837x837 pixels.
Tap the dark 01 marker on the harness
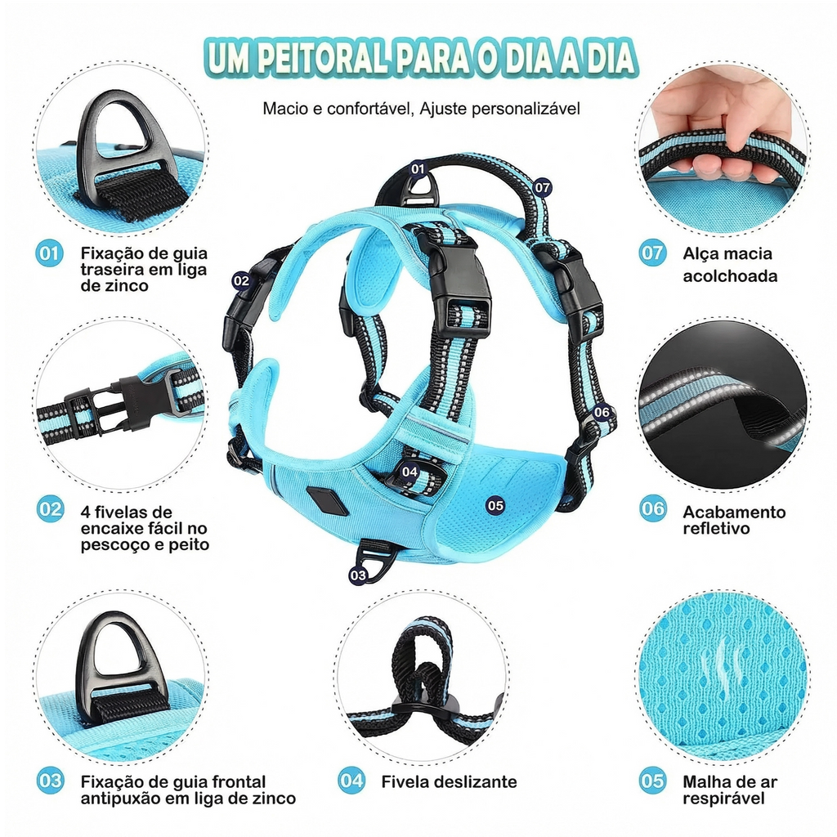(418, 169)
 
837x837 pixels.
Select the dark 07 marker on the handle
(542, 187)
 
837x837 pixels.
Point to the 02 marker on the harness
(241, 281)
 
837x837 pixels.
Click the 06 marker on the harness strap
(602, 412)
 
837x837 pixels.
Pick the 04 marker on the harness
(410, 472)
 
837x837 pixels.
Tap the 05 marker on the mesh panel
(495, 505)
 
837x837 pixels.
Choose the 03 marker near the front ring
(358, 575)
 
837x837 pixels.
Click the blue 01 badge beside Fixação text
(50, 253)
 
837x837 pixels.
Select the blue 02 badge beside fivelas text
(50, 509)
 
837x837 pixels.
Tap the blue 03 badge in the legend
(50, 781)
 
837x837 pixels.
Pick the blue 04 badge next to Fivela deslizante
(351, 781)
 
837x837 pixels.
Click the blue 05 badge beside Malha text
(652, 781)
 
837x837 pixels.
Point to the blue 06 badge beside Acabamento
(653, 508)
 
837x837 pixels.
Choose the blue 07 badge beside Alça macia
(652, 253)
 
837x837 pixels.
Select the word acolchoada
(730, 276)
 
